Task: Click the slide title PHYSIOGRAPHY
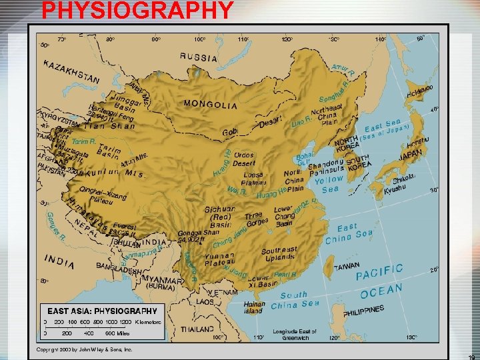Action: [x=137, y=11]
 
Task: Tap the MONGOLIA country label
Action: [x=210, y=105]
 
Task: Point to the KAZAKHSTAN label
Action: [x=72, y=72]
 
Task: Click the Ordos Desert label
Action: [x=243, y=159]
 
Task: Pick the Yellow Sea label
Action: [x=329, y=184]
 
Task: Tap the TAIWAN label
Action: [x=347, y=265]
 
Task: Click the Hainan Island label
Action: [x=253, y=307]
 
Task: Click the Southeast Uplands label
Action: [x=279, y=253]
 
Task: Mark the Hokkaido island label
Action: [x=419, y=89]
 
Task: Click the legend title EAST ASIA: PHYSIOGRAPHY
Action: [x=102, y=311]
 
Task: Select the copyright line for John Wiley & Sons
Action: [x=85, y=349]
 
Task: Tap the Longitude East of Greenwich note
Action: [x=295, y=335]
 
